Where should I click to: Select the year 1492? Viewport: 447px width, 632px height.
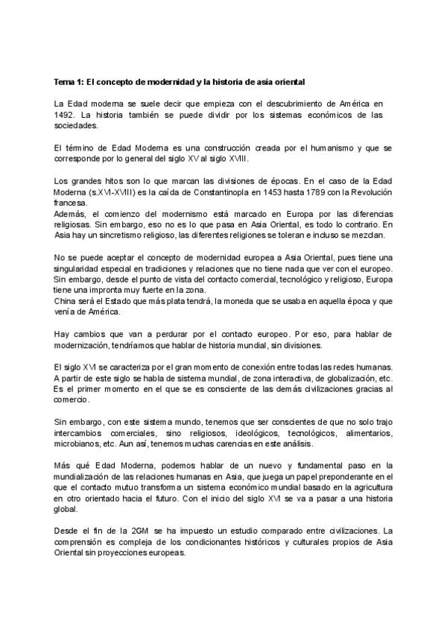tap(65, 115)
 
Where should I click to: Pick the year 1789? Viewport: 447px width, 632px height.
tap(312, 193)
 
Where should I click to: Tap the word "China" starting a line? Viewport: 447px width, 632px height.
tap(65, 302)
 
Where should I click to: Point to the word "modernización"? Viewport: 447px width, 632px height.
tap(83, 347)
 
